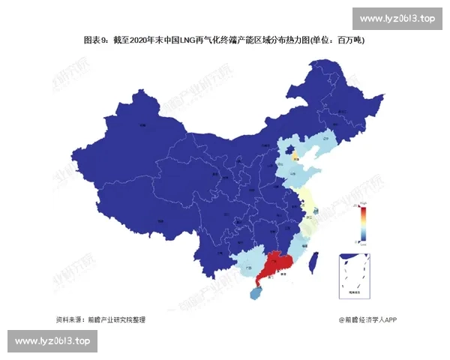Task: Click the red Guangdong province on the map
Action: coord(274,264)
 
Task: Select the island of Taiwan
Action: coord(316,260)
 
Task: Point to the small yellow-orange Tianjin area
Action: coord(295,158)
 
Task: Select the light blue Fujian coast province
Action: coord(300,244)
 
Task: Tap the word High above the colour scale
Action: coord(363,202)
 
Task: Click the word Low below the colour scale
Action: coord(363,242)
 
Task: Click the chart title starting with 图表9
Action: coord(224,40)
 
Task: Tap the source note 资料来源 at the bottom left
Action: coord(100,319)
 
